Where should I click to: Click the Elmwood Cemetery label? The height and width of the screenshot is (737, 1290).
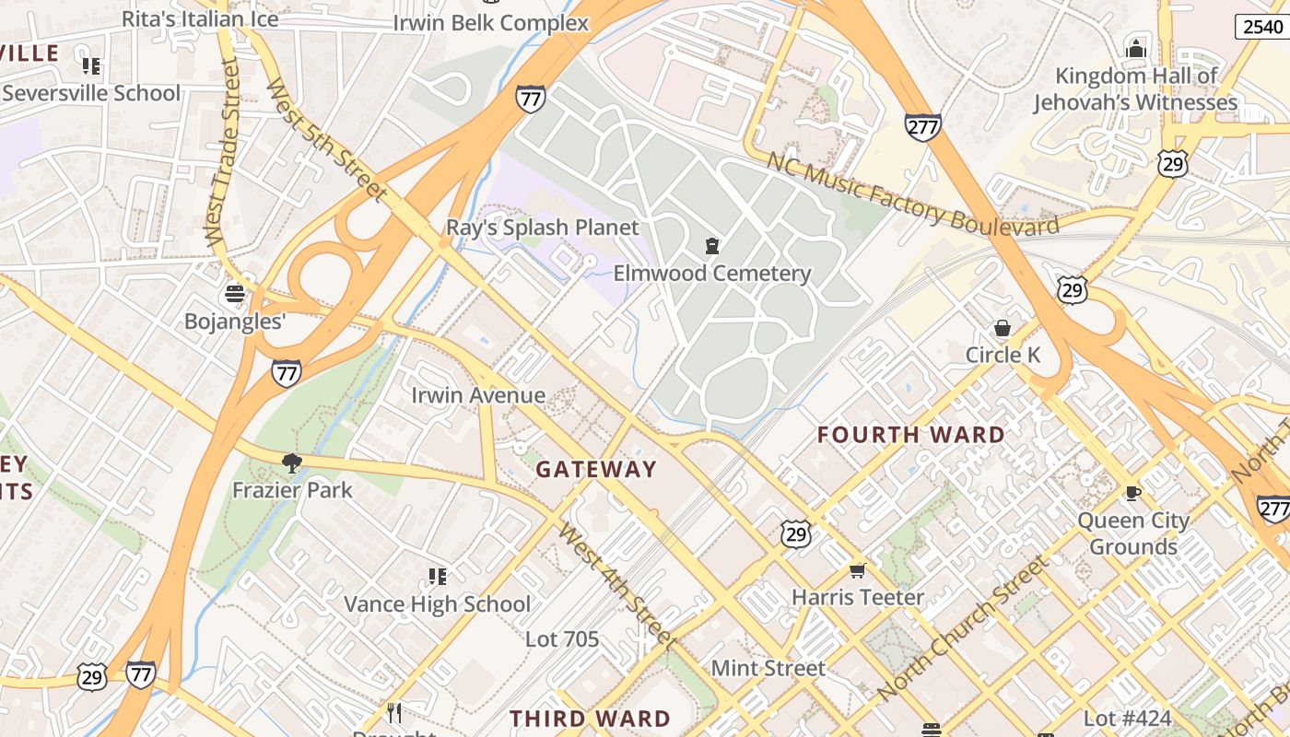click(711, 274)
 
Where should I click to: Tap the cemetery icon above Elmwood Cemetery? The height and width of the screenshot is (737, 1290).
click(711, 246)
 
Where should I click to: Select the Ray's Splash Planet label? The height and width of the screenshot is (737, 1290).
click(542, 228)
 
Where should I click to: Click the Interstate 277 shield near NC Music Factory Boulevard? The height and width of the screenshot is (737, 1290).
click(922, 126)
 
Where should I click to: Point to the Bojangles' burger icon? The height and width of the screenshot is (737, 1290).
click(235, 294)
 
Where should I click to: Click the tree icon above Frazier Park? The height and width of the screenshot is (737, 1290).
click(292, 462)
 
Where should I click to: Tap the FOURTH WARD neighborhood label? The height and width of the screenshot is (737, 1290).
click(910, 435)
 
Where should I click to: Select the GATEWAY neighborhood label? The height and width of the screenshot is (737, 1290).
click(596, 470)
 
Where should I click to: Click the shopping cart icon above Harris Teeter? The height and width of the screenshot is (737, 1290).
click(857, 571)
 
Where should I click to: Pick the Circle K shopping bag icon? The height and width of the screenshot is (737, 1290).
click(1002, 328)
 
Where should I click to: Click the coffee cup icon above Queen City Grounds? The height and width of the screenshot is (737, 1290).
click(1132, 494)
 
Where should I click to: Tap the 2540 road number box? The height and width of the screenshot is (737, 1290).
click(1261, 27)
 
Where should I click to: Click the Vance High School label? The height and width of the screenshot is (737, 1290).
click(437, 604)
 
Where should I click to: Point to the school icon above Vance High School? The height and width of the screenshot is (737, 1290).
click(437, 577)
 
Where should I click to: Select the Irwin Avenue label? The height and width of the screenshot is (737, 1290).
click(477, 396)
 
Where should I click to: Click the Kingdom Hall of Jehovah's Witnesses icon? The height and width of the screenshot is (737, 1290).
click(1136, 49)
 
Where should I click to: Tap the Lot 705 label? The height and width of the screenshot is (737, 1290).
click(562, 638)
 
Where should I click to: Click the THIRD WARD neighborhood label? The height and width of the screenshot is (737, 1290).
click(590, 719)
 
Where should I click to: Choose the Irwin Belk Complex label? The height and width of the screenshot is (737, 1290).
click(490, 23)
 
